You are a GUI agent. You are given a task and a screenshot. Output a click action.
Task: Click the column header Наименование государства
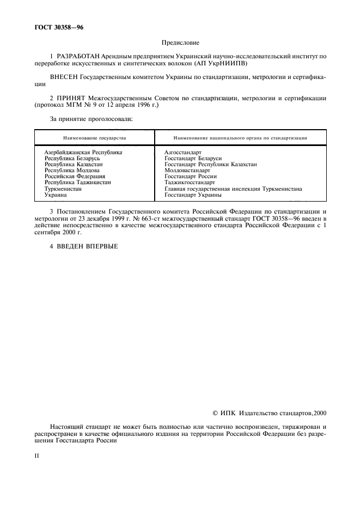pyautogui.click(x=94, y=138)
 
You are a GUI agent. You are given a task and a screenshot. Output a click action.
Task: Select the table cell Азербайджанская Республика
pyautogui.click(x=83, y=153)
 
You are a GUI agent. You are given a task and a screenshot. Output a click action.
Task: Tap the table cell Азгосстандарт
pyautogui.click(x=183, y=153)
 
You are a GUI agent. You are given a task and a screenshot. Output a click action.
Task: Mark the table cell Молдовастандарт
pyautogui.click(x=187, y=170)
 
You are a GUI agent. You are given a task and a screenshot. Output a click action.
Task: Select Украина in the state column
pyautogui.click(x=56, y=195)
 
